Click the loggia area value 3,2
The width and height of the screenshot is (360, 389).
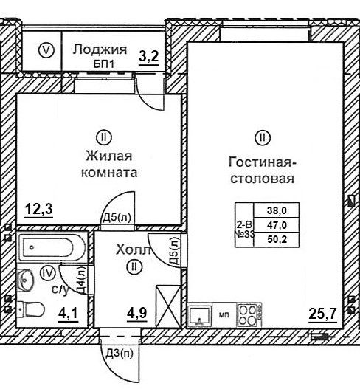(x=149, y=56)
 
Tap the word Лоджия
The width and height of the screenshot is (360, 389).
(x=100, y=49)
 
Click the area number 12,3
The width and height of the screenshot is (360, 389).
(x=39, y=209)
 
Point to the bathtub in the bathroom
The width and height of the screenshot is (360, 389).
(x=52, y=247)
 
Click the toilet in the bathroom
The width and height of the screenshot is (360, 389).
(x=31, y=309)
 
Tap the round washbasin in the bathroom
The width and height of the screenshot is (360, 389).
(x=25, y=279)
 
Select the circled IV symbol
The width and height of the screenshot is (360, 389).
(x=48, y=273)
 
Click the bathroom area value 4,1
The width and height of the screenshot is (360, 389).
(x=68, y=313)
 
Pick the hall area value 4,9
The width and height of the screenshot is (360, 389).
(x=137, y=313)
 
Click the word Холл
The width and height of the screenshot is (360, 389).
(x=134, y=249)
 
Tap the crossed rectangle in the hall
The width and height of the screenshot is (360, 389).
(x=168, y=306)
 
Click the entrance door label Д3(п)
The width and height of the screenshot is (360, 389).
(x=120, y=354)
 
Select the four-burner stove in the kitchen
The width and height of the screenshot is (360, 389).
(x=249, y=315)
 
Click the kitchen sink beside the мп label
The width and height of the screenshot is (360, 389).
(x=200, y=315)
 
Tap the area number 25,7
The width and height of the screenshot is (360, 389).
(x=322, y=314)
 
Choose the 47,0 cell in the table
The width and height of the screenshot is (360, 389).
(x=277, y=225)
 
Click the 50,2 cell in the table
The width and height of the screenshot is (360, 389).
(x=277, y=239)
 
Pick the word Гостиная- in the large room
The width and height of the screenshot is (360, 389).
(x=263, y=162)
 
